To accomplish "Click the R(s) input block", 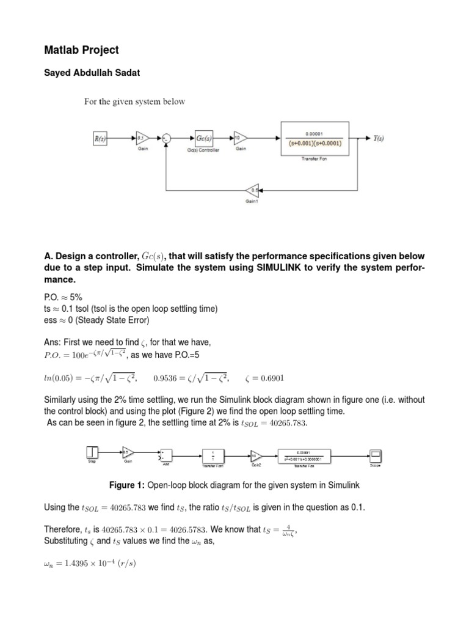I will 100,139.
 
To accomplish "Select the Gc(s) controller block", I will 203,139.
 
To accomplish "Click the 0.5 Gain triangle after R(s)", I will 140,139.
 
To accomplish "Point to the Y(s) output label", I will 382,139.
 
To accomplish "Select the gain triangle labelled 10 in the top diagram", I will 239,139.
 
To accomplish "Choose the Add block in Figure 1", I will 165,454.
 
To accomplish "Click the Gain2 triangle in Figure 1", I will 256,455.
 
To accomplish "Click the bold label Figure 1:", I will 128,485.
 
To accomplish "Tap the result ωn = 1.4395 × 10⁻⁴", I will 91,562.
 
